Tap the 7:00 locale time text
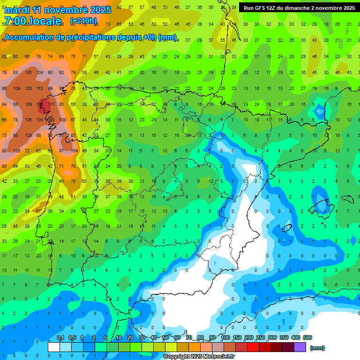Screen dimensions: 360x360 coord(32,21)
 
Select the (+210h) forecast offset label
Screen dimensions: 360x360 coord(83,21)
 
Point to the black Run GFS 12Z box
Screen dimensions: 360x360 coord(299,8)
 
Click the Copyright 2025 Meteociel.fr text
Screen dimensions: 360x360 coord(199,357)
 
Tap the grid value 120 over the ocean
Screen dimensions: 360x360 coord(28,88)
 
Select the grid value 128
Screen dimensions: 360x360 coord(28,135)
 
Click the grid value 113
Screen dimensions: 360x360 coord(40,88)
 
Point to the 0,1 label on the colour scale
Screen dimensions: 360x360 coord(60,337)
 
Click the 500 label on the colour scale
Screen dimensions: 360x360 coord(307,337)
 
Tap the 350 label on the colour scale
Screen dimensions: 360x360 coord(284,337)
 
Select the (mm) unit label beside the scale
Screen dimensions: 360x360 coord(317,348)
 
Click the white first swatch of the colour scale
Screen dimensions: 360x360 coord(54,347)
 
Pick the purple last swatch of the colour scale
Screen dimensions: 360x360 coord(300,347)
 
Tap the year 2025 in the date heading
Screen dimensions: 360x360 coord(101,10)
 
